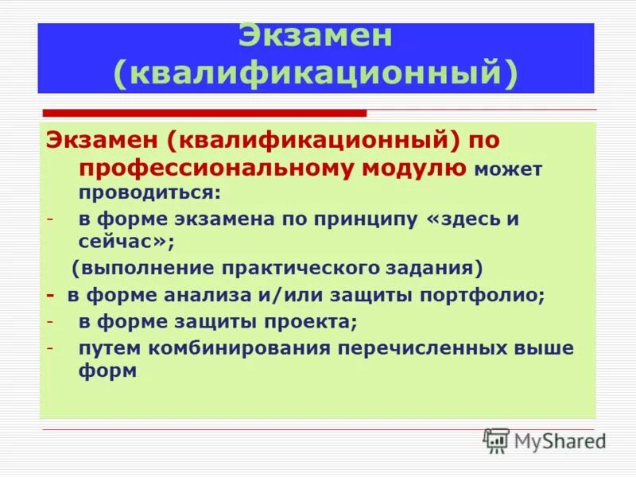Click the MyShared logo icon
(x=496, y=440)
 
